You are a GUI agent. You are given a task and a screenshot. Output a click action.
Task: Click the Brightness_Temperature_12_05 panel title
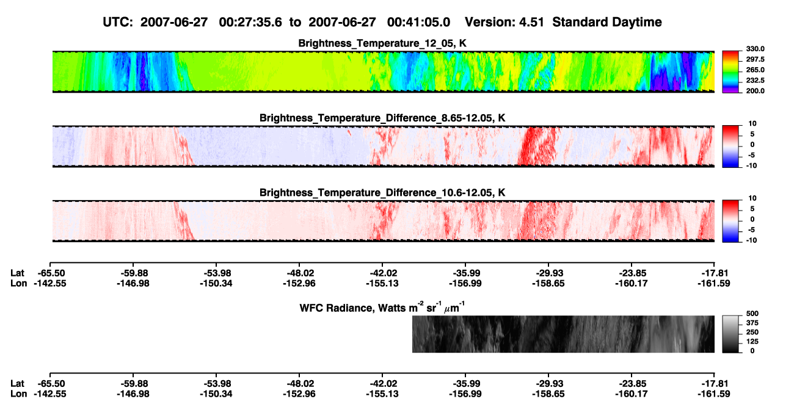[x=382, y=43]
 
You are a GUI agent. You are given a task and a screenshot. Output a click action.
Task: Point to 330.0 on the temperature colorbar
[x=755, y=49]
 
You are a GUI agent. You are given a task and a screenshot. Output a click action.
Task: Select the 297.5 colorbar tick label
[x=755, y=59]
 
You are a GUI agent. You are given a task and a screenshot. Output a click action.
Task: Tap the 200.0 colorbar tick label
[x=755, y=91]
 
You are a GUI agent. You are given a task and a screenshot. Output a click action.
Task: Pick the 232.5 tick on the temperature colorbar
[x=755, y=81]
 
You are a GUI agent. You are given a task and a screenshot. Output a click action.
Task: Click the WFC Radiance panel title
[x=382, y=307]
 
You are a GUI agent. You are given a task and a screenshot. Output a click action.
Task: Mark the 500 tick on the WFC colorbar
[x=752, y=314]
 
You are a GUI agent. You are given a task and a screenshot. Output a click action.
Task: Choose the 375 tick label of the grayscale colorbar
[x=752, y=323]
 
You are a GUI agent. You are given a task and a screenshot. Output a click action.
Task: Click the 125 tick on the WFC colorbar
[x=752, y=342]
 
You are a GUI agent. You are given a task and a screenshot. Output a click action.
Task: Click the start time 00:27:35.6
[x=250, y=22]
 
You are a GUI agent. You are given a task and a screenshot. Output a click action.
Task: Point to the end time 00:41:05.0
[x=418, y=22]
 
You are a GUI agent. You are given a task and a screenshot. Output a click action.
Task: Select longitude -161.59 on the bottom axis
[x=714, y=394]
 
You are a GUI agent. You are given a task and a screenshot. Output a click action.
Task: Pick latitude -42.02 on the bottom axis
[x=382, y=384]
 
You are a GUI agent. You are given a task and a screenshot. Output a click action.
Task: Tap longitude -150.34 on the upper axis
[x=216, y=283]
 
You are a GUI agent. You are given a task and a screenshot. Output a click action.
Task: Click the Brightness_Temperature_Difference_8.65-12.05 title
[x=382, y=118]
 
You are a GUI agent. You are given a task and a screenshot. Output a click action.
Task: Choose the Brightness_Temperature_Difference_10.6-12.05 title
[x=382, y=193]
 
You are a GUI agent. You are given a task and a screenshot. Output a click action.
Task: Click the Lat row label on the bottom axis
[x=17, y=384]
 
